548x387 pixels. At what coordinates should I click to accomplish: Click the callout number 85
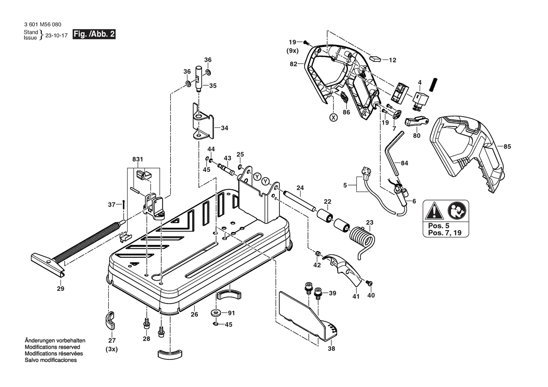[507, 146]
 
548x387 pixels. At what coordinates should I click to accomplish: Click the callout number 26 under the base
[194, 315]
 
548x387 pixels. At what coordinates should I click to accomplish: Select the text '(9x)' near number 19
[293, 50]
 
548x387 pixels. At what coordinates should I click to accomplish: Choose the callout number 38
[331, 348]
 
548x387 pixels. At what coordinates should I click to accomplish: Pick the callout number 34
[225, 127]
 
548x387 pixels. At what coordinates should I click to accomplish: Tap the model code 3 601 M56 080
[42, 25]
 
